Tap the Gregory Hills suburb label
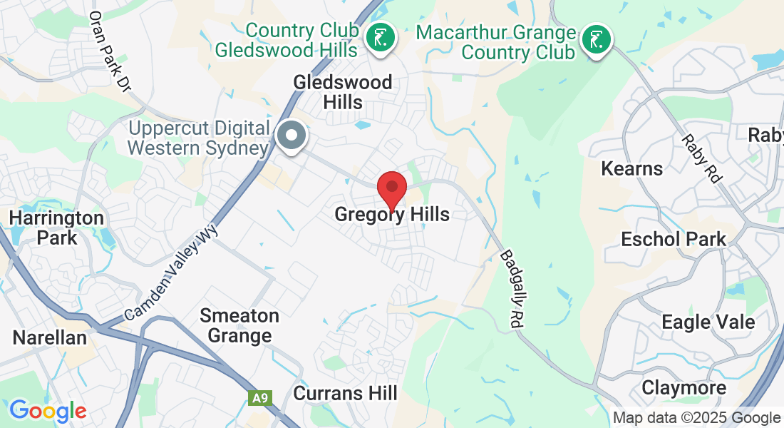tap(392, 214)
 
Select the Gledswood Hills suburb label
tap(343, 92)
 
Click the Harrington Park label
tap(56, 227)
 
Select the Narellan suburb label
tap(50, 337)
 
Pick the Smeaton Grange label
tap(239, 325)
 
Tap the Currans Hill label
tap(346, 393)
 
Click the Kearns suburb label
tap(631, 168)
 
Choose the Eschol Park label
tap(673, 239)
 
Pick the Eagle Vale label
tap(708, 322)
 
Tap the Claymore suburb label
tap(684, 388)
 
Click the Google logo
tap(48, 411)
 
